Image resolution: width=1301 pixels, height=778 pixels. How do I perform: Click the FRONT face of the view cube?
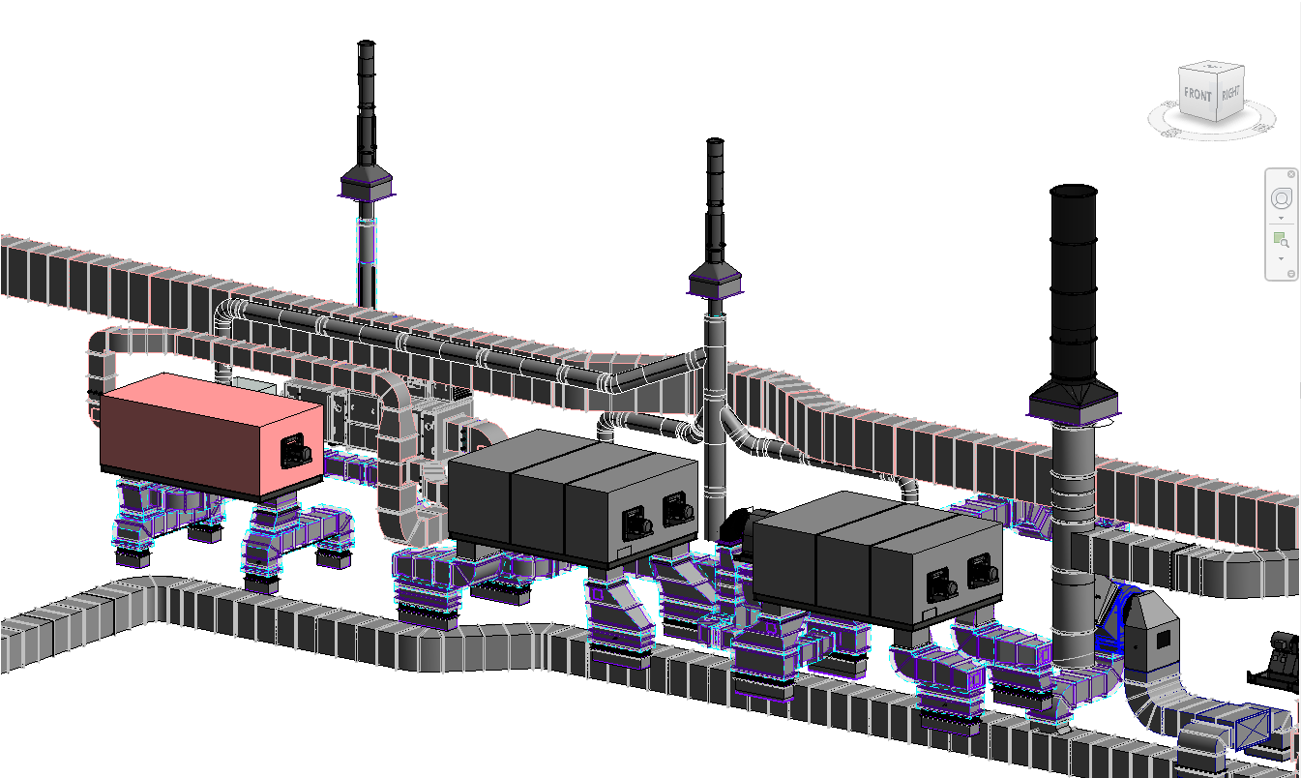pos(1198,93)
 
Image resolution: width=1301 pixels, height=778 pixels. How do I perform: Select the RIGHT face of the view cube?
pos(1229,93)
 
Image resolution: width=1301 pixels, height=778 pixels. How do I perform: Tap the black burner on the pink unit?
pos(296,451)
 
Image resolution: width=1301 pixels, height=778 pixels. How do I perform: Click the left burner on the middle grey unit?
pos(636,524)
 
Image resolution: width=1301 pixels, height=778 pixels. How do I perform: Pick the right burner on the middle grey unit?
pos(678,509)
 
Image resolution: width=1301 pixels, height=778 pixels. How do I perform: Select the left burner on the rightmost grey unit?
pos(941,586)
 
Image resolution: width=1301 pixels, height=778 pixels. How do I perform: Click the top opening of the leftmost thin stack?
pos(366,43)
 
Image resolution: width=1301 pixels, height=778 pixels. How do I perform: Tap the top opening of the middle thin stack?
pos(715,140)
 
